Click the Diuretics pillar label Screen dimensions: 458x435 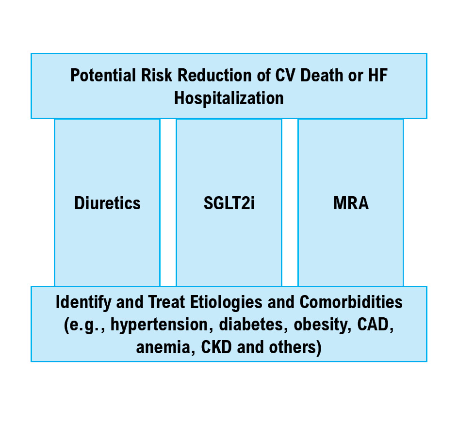click(107, 203)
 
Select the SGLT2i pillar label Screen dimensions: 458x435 click(229, 203)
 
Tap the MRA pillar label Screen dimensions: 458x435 click(351, 203)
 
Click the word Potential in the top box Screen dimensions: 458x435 click(103, 75)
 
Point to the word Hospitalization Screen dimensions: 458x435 click(229, 98)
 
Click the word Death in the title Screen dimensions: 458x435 click(322, 75)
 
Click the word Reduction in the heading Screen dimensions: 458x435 click(214, 75)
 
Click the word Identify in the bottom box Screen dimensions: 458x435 click(83, 302)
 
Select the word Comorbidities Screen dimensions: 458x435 click(351, 302)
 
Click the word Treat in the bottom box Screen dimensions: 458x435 click(166, 302)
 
